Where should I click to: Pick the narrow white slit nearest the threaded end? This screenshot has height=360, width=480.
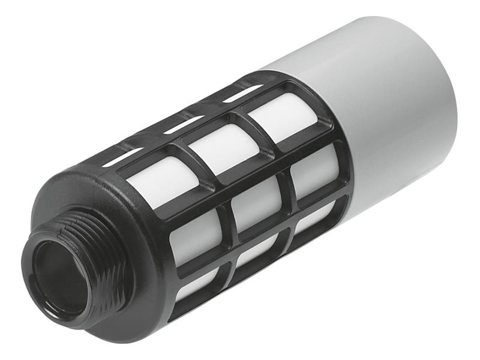pos(122,157)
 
